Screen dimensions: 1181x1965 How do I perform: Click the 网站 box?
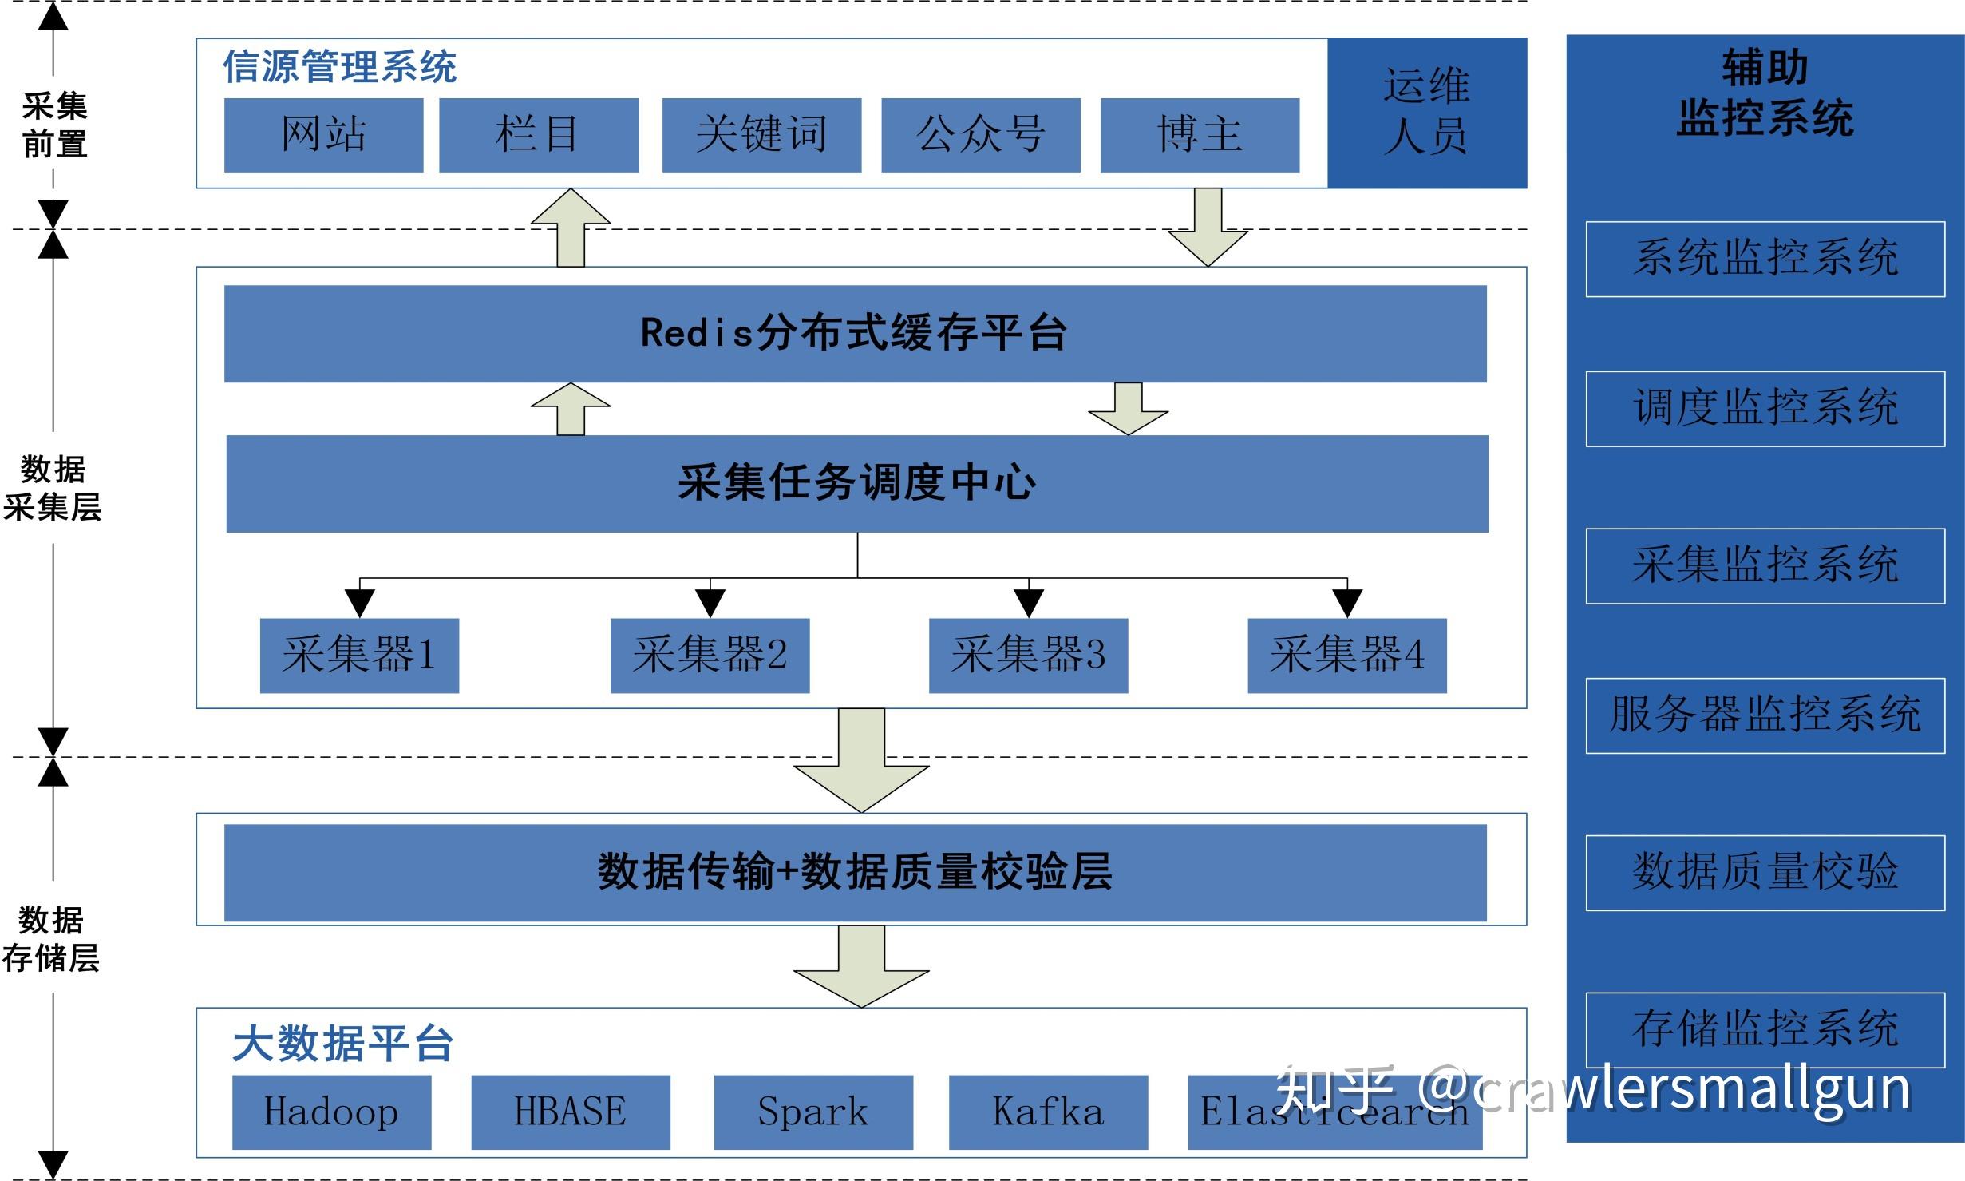[323, 135]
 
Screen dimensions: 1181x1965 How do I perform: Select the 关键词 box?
[761, 135]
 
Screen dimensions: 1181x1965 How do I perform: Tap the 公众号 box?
[980, 135]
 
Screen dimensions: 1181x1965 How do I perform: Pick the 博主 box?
[1200, 135]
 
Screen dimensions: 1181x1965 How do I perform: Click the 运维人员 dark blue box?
[1427, 113]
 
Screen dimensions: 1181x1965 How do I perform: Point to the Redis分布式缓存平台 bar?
[855, 334]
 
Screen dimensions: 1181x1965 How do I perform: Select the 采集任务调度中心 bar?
[857, 483]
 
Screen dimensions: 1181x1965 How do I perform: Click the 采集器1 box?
[359, 655]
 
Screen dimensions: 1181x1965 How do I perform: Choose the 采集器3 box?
[1028, 655]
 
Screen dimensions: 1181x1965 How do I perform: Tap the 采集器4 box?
[1346, 655]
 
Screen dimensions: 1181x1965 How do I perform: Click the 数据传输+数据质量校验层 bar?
[855, 872]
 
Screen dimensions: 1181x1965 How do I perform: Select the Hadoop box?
[331, 1112]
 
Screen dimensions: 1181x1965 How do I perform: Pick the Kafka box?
[1048, 1112]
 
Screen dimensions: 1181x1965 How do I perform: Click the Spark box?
[812, 1112]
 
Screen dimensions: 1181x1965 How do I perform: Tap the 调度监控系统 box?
[1765, 408]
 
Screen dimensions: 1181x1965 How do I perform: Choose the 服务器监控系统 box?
[1765, 715]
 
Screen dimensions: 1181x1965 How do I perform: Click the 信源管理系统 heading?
[339, 66]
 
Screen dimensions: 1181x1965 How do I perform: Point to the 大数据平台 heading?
[343, 1044]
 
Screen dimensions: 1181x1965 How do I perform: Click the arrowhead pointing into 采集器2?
[710, 603]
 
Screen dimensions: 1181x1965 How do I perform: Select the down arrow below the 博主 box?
[1208, 232]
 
